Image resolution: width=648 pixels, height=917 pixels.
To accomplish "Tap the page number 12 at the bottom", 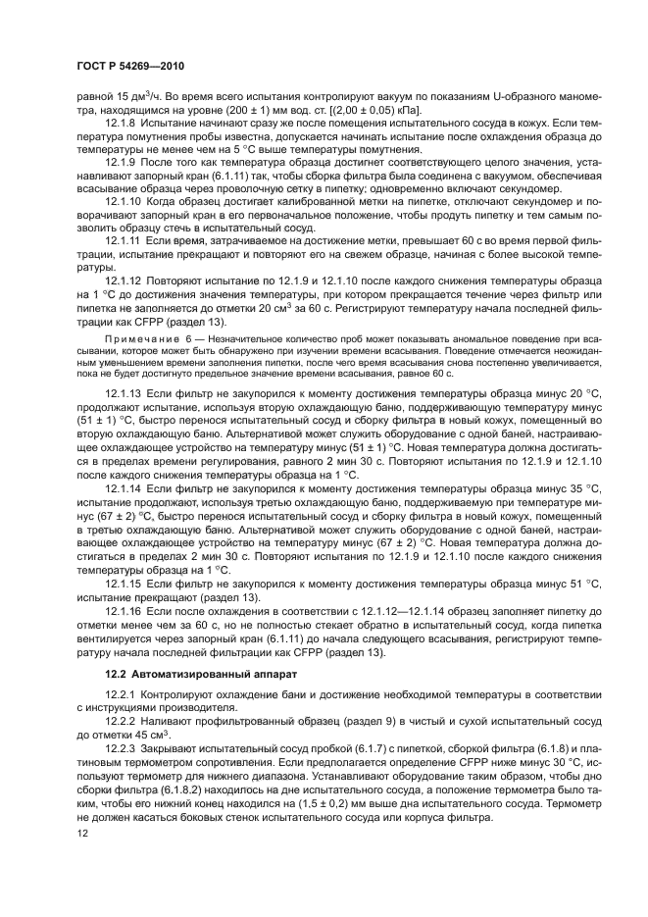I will point(83,833).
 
